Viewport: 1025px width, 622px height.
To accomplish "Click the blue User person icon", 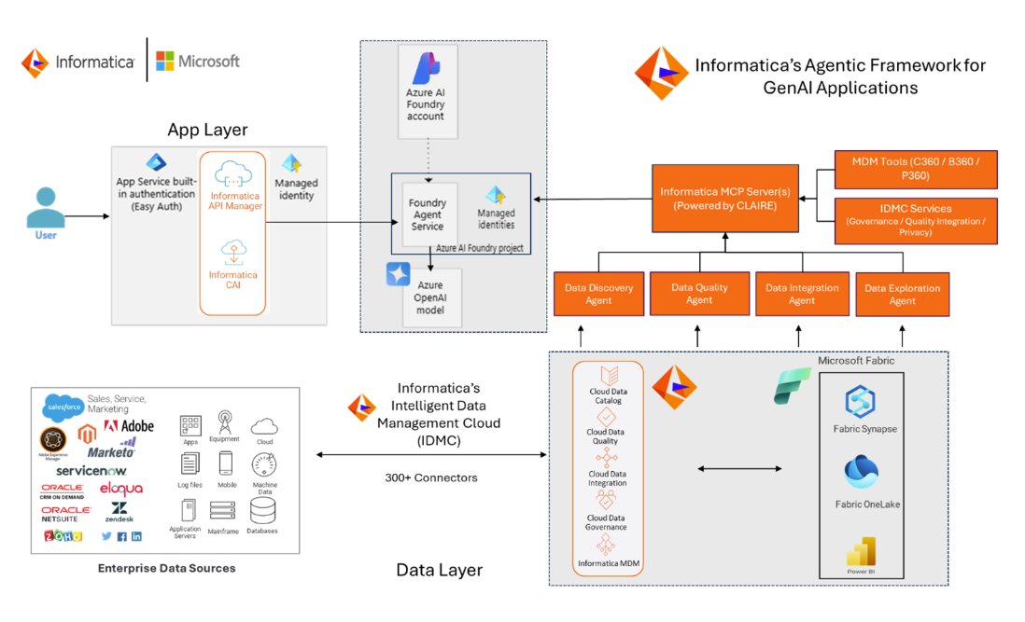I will pyautogui.click(x=45, y=207).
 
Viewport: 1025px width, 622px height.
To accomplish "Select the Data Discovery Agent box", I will pyautogui.click(x=598, y=294).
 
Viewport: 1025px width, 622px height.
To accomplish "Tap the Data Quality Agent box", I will pyautogui.click(x=699, y=294).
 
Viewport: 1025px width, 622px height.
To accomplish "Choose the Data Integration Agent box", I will pyautogui.click(x=801, y=294).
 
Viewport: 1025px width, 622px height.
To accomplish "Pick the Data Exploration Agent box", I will pyautogui.click(x=902, y=295).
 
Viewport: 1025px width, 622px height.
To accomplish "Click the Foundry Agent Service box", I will pyautogui.click(x=428, y=214).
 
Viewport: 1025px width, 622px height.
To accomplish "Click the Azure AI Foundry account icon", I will pyautogui.click(x=426, y=72).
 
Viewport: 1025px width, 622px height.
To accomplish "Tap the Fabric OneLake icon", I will pyautogui.click(x=861, y=473).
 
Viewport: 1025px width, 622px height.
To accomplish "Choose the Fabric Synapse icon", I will pyautogui.click(x=859, y=402).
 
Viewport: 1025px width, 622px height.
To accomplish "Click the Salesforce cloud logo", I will pyautogui.click(x=63, y=407).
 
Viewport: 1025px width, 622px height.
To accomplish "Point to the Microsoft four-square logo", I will pyautogui.click(x=165, y=62).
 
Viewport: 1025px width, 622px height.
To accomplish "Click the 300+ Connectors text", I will pyautogui.click(x=431, y=477).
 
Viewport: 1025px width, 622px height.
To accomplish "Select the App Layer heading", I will pyautogui.click(x=207, y=130).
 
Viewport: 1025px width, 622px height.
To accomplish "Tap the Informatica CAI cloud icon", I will pyautogui.click(x=233, y=252).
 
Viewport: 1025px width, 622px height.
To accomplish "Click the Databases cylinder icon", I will pyautogui.click(x=262, y=510).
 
